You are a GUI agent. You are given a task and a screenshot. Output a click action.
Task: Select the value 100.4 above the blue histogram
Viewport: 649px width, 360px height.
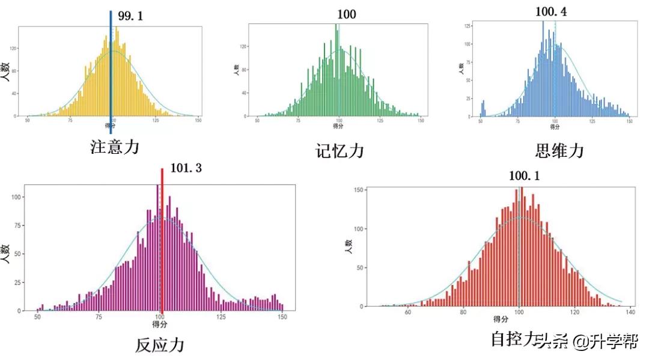(x=551, y=11)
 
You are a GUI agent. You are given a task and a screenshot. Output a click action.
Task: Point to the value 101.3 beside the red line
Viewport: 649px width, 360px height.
(x=186, y=168)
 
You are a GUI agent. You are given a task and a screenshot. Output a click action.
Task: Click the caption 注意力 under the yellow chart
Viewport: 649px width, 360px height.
(x=115, y=146)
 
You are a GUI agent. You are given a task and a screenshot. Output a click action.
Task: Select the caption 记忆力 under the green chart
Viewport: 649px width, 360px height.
(x=340, y=151)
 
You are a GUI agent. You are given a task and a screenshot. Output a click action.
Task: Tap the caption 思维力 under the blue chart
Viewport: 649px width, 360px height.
(x=559, y=150)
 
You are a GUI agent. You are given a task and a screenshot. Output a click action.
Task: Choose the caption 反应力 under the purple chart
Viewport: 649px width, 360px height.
(x=159, y=344)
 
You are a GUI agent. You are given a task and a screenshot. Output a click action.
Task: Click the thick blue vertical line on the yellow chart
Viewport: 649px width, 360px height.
(x=111, y=72)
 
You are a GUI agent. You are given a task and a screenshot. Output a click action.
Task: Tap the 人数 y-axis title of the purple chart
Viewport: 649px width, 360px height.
(x=6, y=254)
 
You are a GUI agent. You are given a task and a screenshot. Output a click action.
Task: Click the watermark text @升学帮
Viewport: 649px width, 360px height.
(x=605, y=342)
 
